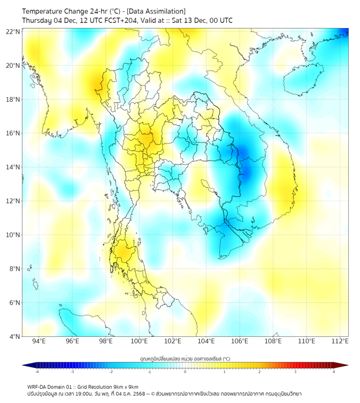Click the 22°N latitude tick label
coord(13,32)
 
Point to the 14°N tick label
coord(13,167)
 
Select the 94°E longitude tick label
coord(39,341)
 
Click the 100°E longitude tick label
coord(140,341)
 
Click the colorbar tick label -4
coord(37,372)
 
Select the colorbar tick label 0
coord(185,372)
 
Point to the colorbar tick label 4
coord(334,372)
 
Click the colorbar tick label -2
coord(111,372)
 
